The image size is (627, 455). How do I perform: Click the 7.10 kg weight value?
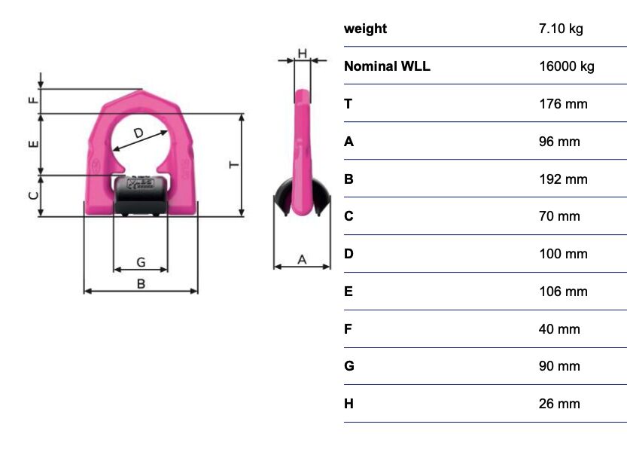[561, 29]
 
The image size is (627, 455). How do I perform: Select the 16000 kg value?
[567, 66]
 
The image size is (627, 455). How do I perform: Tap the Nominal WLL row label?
[387, 66]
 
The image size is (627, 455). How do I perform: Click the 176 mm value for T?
[563, 104]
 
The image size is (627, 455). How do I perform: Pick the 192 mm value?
[563, 179]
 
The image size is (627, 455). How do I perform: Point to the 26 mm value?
[559, 404]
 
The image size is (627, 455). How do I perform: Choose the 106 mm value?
[563, 292]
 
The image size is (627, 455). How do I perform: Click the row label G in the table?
[349, 366]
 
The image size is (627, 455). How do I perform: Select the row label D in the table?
[349, 254]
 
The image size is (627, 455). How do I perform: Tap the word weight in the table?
[366, 29]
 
